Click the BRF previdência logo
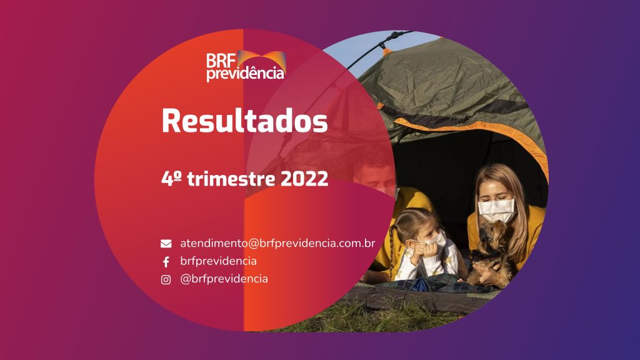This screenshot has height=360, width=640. [246, 66]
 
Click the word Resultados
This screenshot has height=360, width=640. [245, 121]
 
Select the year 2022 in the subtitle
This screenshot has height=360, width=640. [304, 179]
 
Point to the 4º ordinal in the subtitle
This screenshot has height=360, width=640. [171, 178]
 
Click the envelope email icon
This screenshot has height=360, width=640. [166, 244]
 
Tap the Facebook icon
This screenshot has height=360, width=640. [166, 262]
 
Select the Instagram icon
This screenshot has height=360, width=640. [166, 279]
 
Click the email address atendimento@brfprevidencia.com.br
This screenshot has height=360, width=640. [277, 243]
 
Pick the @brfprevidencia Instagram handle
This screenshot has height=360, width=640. [224, 279]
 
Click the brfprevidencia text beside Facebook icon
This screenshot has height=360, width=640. [218, 261]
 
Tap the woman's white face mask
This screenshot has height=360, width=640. [497, 210]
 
